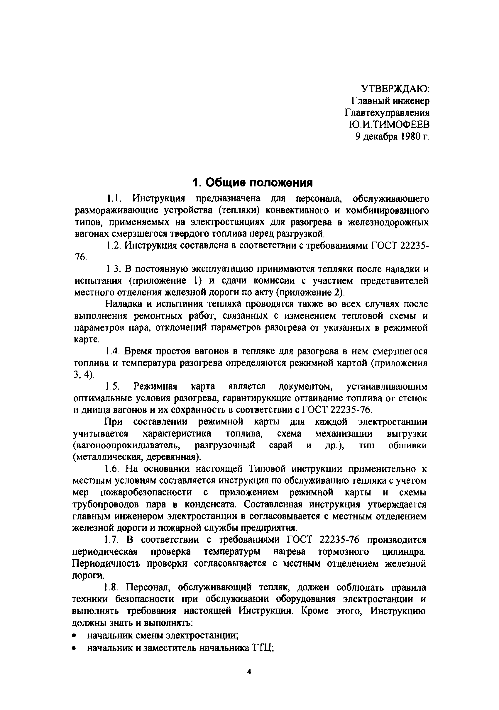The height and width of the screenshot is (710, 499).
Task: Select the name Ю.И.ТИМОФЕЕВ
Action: point(389,125)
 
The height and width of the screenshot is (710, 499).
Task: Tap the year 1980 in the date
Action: point(410,137)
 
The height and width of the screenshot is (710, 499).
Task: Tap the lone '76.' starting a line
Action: point(81,257)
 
